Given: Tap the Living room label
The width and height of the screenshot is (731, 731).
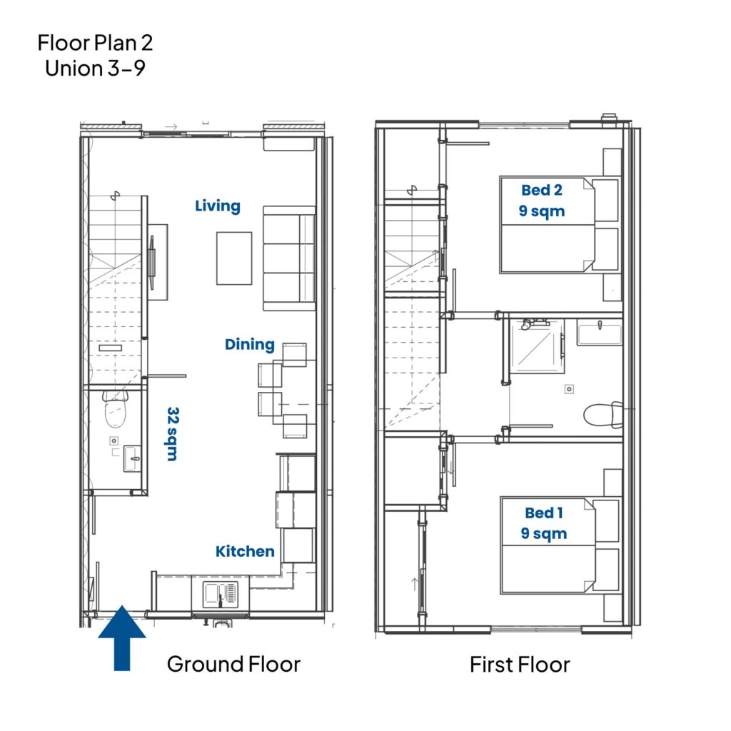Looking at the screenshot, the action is click(x=218, y=206).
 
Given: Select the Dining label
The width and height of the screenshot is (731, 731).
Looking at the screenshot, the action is click(x=249, y=345).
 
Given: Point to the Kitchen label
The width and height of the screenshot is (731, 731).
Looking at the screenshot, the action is click(x=245, y=551).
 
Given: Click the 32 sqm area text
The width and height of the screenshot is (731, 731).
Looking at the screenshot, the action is click(x=173, y=434).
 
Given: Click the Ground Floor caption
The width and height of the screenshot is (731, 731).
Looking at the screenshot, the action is click(x=233, y=664).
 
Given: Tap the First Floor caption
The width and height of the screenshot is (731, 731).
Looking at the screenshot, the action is click(x=520, y=665).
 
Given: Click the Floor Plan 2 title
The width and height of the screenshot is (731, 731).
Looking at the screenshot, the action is click(x=95, y=43).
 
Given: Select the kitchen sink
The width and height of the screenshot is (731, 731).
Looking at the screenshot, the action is click(x=220, y=595).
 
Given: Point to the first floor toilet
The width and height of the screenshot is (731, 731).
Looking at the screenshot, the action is click(x=603, y=415).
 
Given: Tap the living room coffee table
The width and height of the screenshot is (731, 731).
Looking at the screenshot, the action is click(x=234, y=258).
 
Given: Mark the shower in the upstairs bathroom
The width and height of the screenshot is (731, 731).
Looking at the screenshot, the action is click(x=538, y=346).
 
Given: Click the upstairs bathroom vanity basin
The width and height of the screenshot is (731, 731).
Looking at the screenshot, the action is click(x=600, y=333).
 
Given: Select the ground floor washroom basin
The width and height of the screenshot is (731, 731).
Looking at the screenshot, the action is click(x=132, y=459).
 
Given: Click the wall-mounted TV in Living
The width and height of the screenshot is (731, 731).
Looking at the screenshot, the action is click(x=151, y=263).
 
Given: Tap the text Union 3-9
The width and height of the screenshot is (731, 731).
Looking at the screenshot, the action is click(x=95, y=68).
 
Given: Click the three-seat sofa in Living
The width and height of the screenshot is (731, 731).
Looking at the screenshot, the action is click(x=290, y=258).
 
